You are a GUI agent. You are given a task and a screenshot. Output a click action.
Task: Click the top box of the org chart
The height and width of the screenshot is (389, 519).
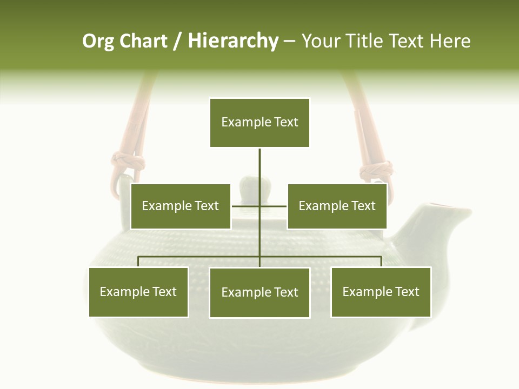(x=259, y=123)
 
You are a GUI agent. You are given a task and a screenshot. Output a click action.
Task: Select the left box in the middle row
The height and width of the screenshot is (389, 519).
(x=181, y=206)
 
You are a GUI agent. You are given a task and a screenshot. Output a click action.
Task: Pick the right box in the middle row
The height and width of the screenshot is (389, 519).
(x=337, y=206)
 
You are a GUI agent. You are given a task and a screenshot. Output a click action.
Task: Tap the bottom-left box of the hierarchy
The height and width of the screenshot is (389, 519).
(x=138, y=292)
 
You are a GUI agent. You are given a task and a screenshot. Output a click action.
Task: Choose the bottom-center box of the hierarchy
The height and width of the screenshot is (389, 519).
(x=259, y=292)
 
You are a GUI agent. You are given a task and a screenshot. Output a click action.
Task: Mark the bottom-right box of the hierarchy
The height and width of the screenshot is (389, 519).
(x=381, y=292)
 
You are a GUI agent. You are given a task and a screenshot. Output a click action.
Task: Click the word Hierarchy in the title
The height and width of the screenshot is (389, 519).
(x=233, y=41)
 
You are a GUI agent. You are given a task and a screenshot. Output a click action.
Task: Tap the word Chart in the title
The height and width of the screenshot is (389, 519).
(x=143, y=41)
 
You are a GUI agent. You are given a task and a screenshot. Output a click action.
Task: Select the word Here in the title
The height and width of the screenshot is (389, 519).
(x=450, y=41)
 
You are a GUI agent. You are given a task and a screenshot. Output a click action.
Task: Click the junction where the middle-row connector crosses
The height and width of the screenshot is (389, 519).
(x=259, y=206)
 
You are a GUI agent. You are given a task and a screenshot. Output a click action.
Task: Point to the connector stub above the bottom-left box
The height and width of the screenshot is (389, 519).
(x=138, y=261)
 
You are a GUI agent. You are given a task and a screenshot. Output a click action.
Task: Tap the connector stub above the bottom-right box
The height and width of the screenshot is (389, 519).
(x=381, y=261)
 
